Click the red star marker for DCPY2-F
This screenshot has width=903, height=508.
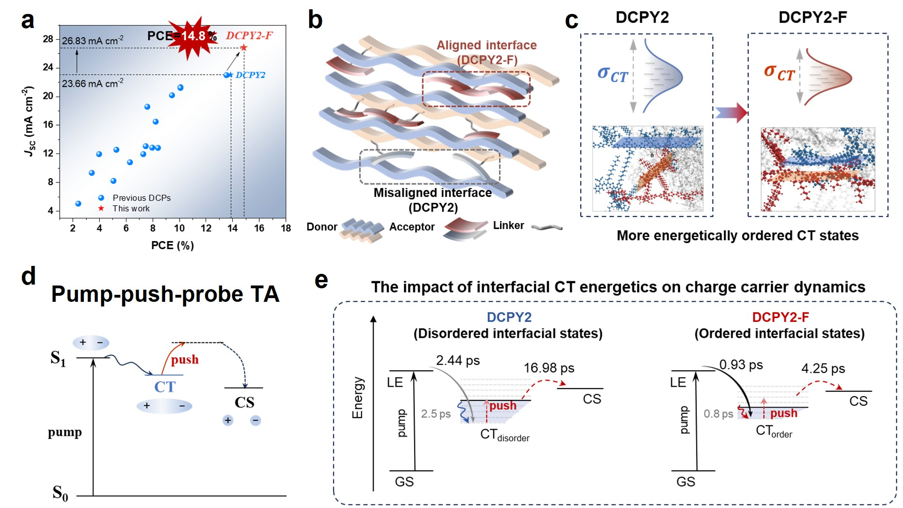pos(243,48)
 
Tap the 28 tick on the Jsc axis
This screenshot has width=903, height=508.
pos(48,39)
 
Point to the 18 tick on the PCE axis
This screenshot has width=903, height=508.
pos(286,228)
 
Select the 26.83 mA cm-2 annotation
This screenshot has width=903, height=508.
pos(92,41)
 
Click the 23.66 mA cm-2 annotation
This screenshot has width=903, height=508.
pos(92,84)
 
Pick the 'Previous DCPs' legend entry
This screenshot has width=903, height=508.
pos(141,198)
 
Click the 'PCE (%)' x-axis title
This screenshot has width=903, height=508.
pos(172,245)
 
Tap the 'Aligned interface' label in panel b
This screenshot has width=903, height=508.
pos(486,45)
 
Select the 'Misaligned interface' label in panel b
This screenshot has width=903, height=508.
pos(432,193)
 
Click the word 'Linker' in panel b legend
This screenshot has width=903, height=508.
pos(508,226)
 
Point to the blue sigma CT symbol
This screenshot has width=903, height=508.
pos(612,74)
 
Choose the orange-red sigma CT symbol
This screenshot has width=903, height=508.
pos(779,73)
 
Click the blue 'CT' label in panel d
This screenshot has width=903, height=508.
pos(165,387)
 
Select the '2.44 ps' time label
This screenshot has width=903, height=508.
pos(458,361)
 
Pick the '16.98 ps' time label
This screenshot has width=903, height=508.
pos(549,368)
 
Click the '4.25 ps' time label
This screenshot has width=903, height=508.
pos(823,369)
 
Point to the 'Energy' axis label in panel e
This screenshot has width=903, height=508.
pos(357,397)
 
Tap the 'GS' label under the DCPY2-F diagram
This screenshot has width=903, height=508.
pos(686,482)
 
